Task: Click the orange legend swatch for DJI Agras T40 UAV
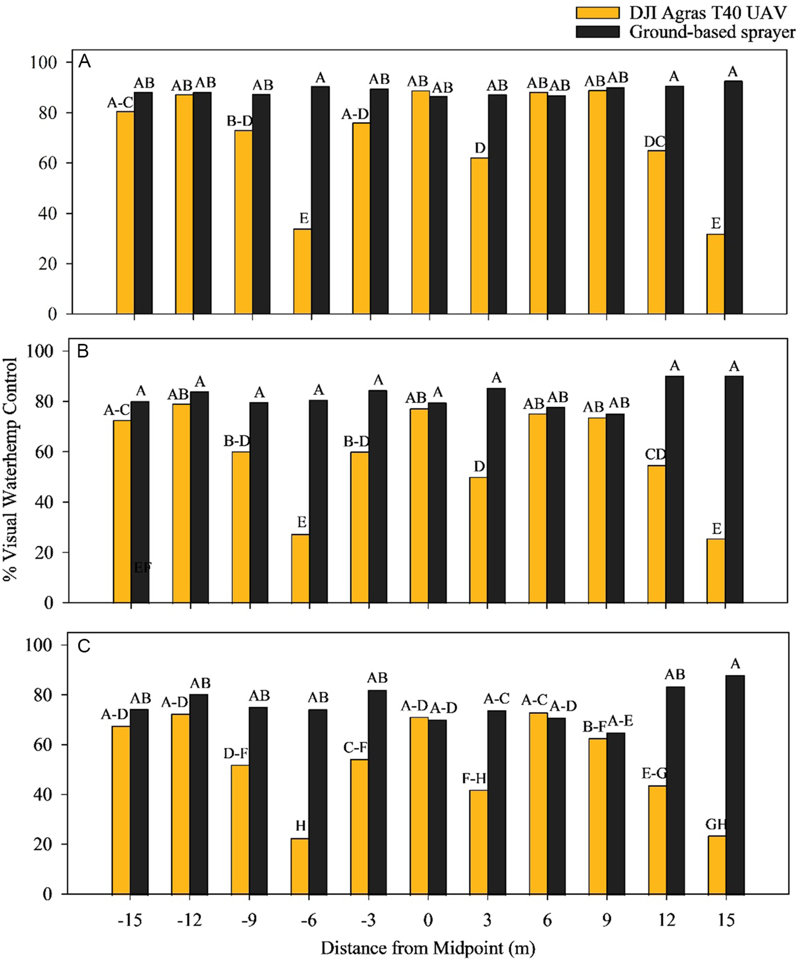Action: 598,12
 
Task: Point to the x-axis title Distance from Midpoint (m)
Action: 428,948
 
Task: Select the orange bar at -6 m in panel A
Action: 302,271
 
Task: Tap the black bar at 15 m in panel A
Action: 734,198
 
